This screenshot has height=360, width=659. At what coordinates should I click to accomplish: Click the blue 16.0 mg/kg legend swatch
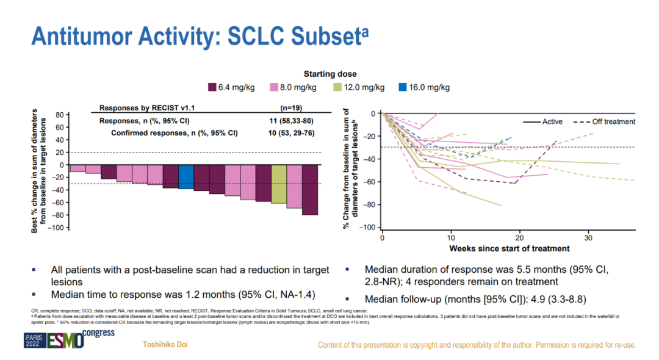click(x=402, y=87)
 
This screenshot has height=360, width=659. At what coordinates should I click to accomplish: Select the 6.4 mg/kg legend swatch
click(x=213, y=87)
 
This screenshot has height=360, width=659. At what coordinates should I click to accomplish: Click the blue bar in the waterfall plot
click(x=186, y=177)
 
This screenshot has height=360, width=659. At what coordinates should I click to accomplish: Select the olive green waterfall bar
click(x=279, y=184)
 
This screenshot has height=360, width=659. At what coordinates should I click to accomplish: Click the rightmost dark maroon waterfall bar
click(x=309, y=190)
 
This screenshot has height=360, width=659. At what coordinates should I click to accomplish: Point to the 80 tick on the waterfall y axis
click(x=60, y=115)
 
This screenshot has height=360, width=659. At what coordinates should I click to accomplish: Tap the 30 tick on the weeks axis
click(x=588, y=237)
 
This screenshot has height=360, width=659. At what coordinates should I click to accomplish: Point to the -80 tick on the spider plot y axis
click(x=370, y=205)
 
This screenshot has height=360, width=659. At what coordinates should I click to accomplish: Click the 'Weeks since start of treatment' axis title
click(x=510, y=248)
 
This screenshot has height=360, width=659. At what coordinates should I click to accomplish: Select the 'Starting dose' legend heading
click(x=330, y=74)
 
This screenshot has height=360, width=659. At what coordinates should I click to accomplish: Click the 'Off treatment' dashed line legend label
click(x=613, y=121)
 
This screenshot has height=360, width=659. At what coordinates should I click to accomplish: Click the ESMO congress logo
click(x=61, y=339)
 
